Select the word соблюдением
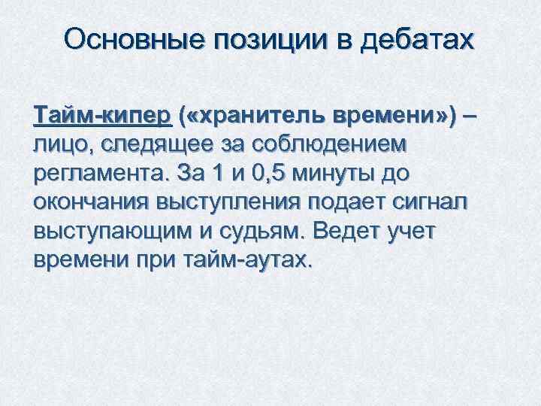point(328,145)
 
